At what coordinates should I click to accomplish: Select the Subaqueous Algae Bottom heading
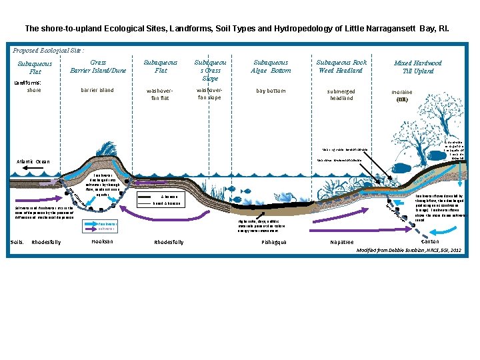[271, 67]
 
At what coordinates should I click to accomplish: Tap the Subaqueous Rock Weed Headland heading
[341, 67]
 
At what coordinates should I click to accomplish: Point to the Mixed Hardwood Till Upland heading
[418, 67]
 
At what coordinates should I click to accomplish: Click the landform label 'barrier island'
[97, 90]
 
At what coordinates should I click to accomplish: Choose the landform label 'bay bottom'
[271, 90]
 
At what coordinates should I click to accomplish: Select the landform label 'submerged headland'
[341, 94]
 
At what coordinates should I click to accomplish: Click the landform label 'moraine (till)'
[401, 96]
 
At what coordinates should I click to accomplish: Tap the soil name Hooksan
[102, 241]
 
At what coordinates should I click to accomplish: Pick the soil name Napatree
[342, 242]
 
